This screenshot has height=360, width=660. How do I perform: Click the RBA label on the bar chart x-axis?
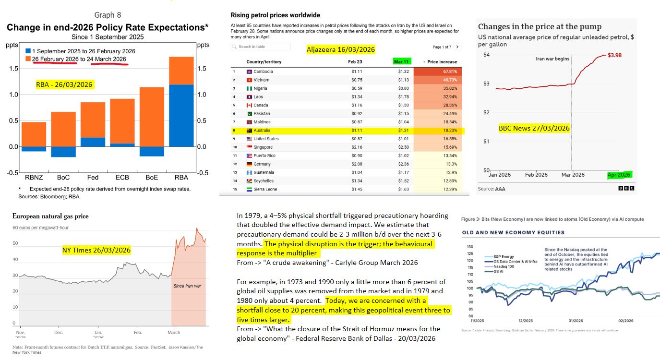point(181,177)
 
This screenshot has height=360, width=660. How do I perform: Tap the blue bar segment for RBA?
point(181,116)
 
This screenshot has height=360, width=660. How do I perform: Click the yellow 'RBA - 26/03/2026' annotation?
point(64,84)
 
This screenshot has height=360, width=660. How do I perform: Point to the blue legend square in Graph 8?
point(29,51)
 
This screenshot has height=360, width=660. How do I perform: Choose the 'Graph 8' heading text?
point(108,15)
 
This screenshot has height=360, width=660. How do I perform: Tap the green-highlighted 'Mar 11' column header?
point(401,61)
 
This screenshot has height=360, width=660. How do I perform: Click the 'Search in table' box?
point(261,47)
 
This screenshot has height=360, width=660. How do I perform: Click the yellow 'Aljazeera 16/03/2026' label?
point(341,49)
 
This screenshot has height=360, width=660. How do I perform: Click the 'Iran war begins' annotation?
point(552,59)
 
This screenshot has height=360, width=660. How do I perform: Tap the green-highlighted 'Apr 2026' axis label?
point(619,175)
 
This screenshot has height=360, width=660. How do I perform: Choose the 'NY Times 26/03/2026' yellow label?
point(96,250)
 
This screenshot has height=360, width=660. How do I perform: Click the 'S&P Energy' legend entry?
point(498,257)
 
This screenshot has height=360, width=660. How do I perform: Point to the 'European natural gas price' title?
point(50,216)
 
